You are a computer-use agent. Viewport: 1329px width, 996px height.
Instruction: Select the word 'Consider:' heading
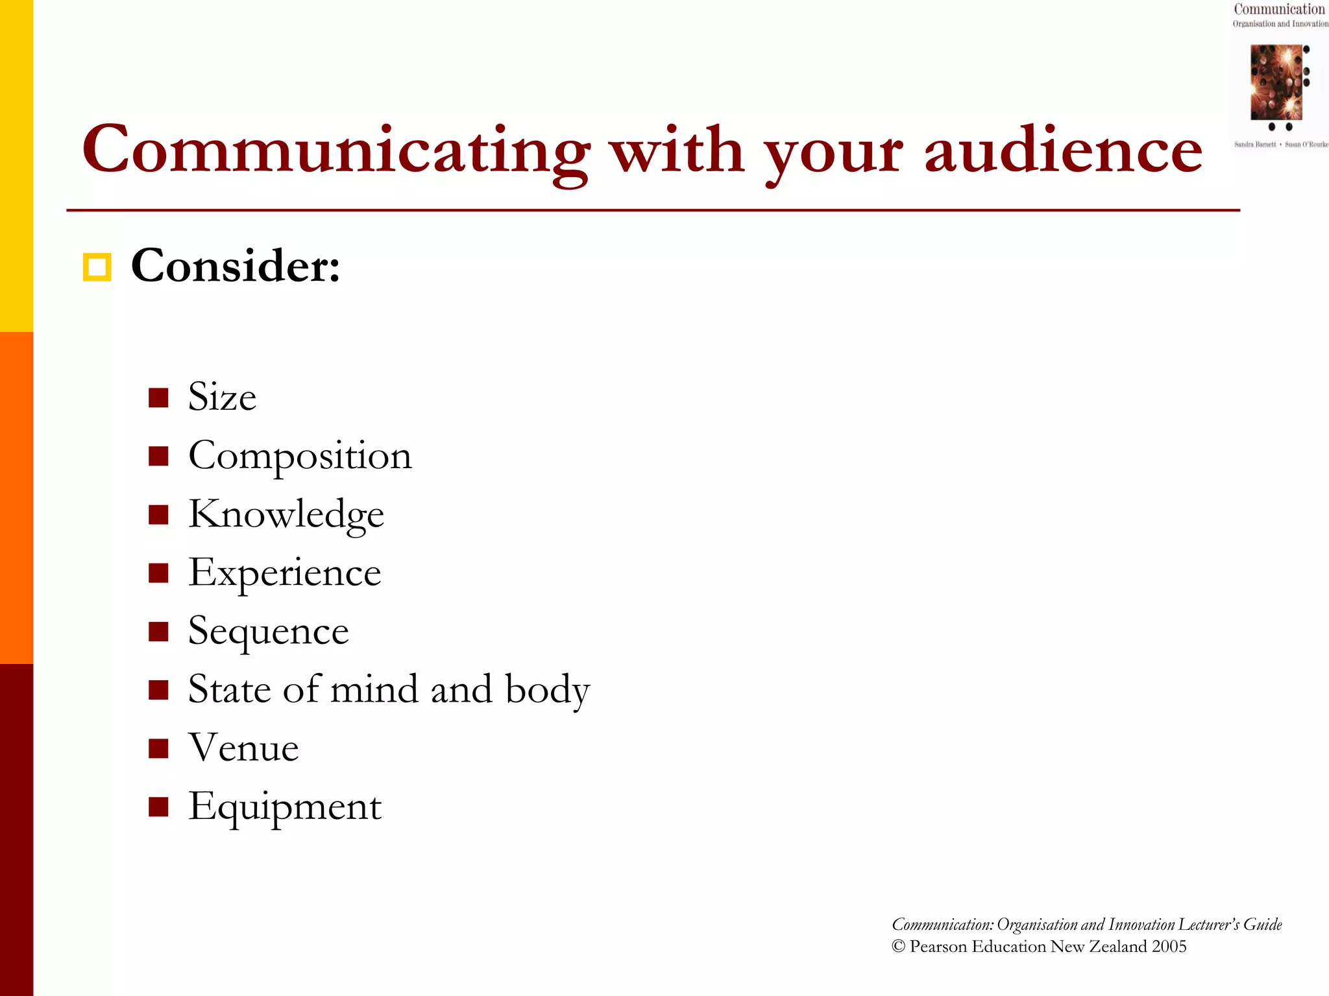pos(236,266)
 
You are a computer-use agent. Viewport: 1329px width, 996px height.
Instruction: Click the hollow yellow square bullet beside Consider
pos(97,267)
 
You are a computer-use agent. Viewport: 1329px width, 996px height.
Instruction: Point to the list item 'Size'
pos(222,397)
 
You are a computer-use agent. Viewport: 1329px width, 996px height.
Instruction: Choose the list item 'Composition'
pos(300,456)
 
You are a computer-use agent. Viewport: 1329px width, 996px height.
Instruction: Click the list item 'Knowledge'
pos(286,514)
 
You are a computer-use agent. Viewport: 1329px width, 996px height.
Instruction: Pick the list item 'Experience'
pos(284,573)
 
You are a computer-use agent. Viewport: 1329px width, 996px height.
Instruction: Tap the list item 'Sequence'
pos(268,631)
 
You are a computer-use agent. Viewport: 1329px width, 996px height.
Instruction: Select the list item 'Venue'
pos(243,748)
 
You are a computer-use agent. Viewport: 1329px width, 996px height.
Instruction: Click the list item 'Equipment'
pos(284,807)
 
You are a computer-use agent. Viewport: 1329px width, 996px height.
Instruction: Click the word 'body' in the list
pos(547,689)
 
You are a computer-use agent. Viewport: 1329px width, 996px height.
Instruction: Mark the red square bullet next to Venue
pos(158,748)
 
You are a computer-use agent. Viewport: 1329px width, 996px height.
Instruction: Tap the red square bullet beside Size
pos(158,397)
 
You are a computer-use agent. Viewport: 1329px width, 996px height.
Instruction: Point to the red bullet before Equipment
pos(158,807)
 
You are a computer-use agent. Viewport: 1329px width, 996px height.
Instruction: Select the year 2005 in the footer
pos(1169,947)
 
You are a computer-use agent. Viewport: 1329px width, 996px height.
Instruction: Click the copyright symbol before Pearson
pos(899,947)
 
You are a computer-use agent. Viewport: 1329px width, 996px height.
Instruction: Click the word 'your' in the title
pos(833,153)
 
